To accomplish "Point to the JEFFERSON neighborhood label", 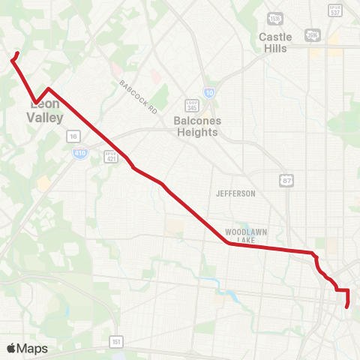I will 235,193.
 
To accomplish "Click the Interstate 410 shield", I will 79,152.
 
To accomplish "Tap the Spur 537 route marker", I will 336,9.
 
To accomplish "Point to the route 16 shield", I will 73,136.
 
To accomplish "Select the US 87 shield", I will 287,180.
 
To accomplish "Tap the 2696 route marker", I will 311,34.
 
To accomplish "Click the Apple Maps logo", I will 26,348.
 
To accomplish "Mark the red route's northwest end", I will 17,52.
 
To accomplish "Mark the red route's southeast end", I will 346,306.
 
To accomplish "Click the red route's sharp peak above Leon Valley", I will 49,88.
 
